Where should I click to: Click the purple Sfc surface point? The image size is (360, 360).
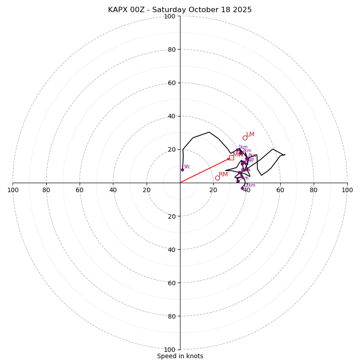182,170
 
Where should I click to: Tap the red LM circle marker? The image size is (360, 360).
245,138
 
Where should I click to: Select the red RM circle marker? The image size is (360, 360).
217,178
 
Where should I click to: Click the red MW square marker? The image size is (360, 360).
231,157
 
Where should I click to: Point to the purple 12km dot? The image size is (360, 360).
242,188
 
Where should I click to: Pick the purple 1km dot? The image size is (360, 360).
238,150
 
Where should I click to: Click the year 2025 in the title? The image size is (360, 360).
243,10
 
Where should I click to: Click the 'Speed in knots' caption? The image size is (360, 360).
180,356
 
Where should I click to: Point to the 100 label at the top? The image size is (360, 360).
169,16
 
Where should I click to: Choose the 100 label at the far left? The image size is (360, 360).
13,190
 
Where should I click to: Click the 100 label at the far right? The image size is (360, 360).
347,190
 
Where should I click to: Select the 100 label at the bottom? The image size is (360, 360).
169,350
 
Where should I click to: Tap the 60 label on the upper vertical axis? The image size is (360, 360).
171,83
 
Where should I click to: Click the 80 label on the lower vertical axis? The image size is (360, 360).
171,316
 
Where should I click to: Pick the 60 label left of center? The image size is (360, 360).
80,190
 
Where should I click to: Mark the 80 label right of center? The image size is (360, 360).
314,190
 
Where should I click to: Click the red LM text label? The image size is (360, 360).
250,134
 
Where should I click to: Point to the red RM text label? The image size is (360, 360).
223,174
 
